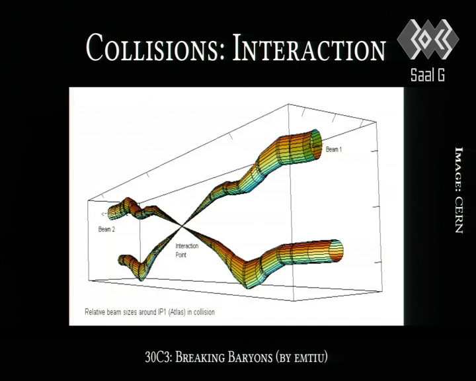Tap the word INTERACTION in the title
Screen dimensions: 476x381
point(309,48)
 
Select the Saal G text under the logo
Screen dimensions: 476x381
point(428,75)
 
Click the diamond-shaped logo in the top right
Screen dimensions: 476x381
point(428,39)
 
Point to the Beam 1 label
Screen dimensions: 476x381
point(334,149)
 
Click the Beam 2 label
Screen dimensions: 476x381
point(106,229)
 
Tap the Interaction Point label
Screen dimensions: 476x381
point(186,250)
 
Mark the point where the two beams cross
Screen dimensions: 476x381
point(182,226)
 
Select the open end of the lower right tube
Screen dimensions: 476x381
point(336,251)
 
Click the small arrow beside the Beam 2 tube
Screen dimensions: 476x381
point(104,214)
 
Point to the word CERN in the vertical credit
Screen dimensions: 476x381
point(459,215)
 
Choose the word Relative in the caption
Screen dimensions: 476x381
point(95,312)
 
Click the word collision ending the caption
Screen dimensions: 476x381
point(204,312)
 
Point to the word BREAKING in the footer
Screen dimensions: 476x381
point(200,357)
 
